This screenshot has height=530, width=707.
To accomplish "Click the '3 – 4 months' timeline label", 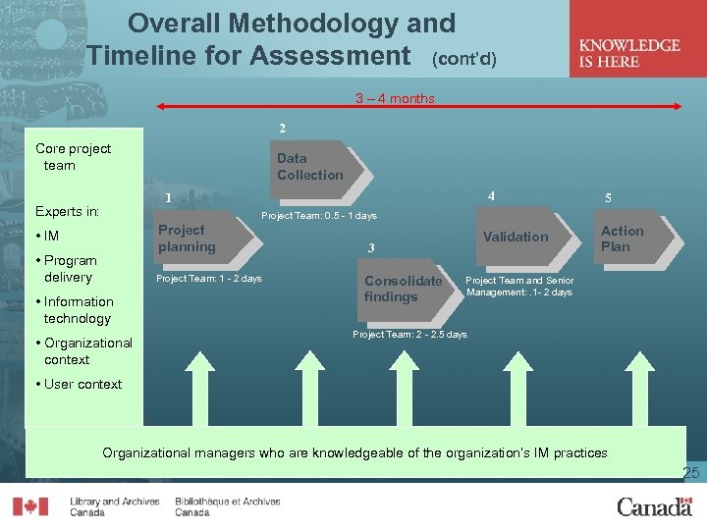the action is pyautogui.click(x=395, y=98).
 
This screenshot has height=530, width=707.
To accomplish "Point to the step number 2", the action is pyautogui.click(x=283, y=129).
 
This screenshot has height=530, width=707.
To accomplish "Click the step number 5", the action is pyautogui.click(x=608, y=197).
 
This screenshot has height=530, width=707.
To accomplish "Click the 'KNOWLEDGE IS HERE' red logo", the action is pyautogui.click(x=629, y=53).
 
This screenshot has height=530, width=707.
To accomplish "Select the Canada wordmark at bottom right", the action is pyautogui.click(x=653, y=506).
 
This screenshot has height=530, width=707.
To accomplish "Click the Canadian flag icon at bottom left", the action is pyautogui.click(x=29, y=506).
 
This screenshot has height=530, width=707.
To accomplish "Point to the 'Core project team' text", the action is pyautogui.click(x=72, y=157).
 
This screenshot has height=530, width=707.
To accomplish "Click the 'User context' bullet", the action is pyautogui.click(x=82, y=384).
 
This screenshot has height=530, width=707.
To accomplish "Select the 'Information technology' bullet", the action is pyautogui.click(x=78, y=310).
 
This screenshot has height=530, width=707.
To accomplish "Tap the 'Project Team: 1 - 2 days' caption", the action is pyautogui.click(x=210, y=279).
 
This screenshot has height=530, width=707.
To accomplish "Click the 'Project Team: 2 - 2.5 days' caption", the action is pyautogui.click(x=409, y=335).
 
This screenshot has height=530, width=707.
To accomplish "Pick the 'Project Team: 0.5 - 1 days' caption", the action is pyautogui.click(x=319, y=216).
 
